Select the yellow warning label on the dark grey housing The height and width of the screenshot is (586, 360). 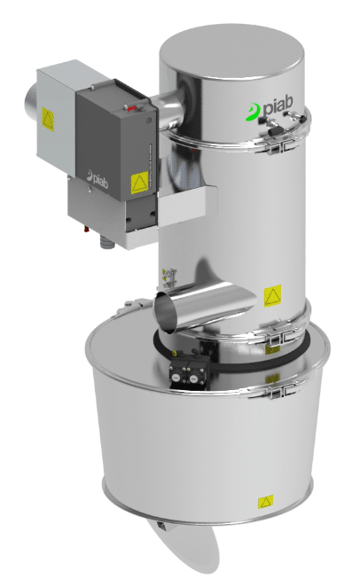[138, 184]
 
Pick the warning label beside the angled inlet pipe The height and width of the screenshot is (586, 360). [273, 292]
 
